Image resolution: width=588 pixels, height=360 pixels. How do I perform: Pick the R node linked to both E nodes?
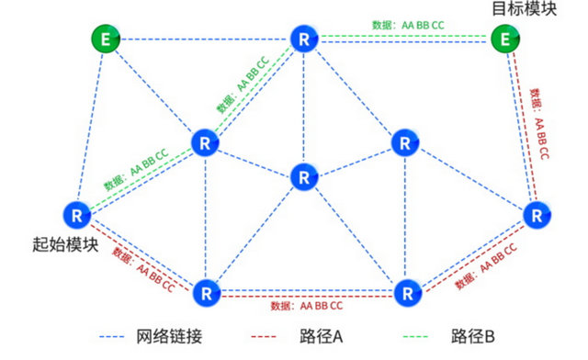click(x=303, y=39)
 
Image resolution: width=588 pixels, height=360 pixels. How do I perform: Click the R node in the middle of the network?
click(x=303, y=175)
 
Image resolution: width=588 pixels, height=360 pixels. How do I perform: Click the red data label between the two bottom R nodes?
click(x=308, y=305)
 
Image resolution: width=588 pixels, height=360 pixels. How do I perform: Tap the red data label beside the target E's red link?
click(x=537, y=124)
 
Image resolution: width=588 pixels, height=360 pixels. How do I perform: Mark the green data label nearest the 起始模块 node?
click(x=136, y=163)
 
